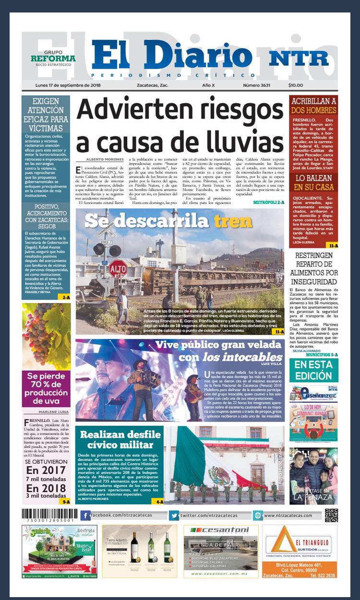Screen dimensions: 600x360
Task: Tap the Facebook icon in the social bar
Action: click(85, 515)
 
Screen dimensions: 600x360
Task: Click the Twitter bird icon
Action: click(173, 515)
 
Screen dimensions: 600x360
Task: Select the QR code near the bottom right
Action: click(331, 515)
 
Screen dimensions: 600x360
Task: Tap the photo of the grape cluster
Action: click(46, 336)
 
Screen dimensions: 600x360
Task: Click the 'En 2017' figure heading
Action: click(46, 470)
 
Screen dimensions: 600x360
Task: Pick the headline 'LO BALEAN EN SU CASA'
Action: click(313, 183)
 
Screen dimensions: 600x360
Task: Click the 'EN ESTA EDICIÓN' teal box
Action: click(313, 370)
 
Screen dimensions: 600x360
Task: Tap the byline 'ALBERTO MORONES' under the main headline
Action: click(103, 159)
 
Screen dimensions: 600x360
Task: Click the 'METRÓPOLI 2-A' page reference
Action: click(269, 203)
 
